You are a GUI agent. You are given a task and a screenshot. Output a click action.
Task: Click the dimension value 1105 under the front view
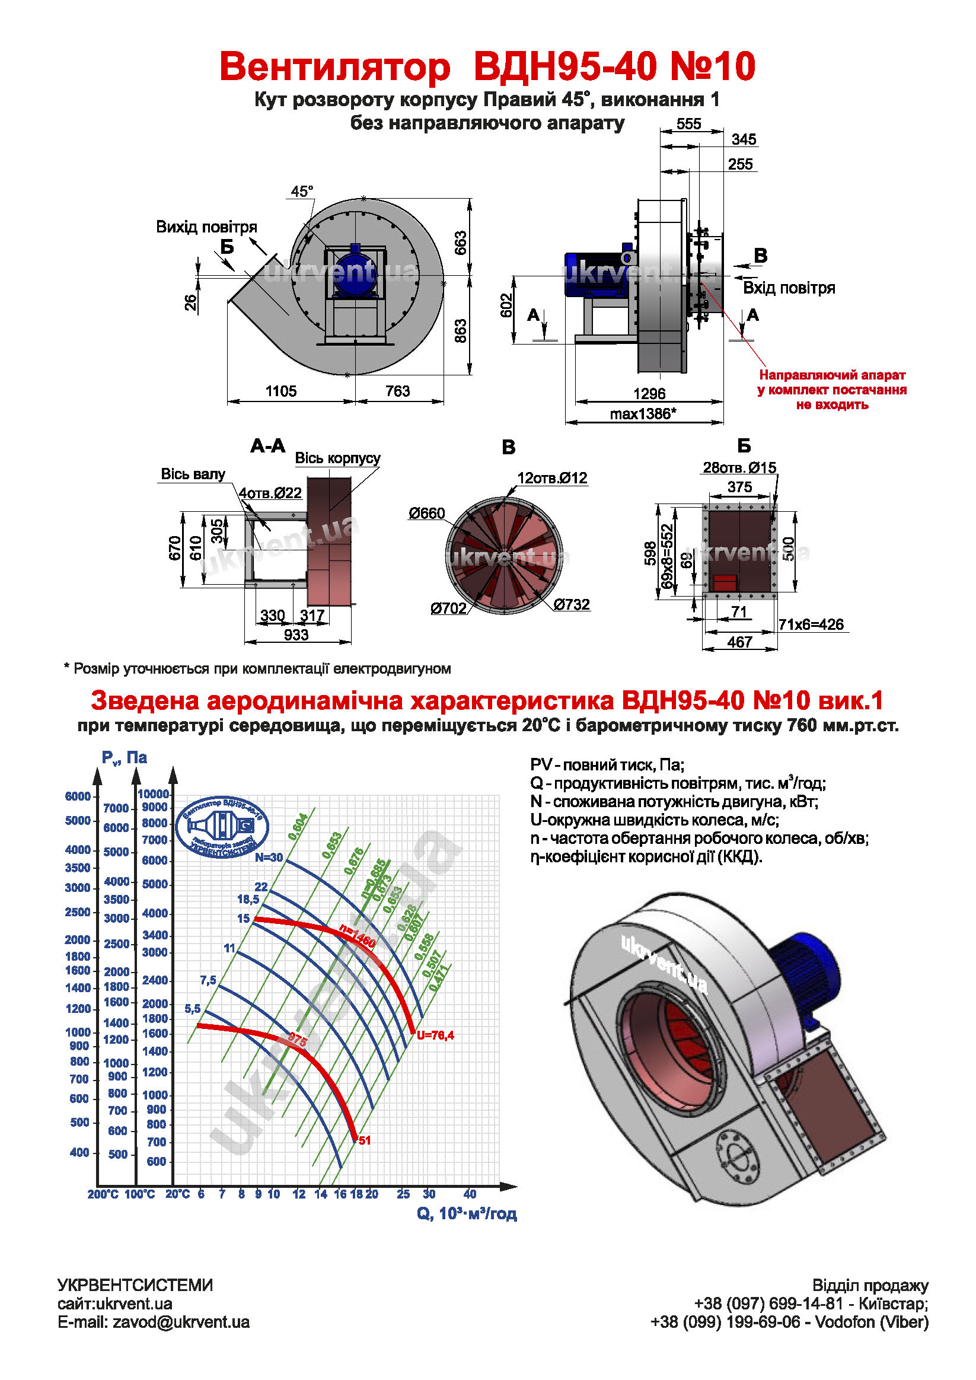(x=280, y=391)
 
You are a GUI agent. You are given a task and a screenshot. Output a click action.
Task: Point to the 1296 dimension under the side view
(x=649, y=394)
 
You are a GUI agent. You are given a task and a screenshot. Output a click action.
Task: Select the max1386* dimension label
(x=642, y=413)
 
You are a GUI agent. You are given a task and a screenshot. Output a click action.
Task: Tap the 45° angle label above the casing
(x=302, y=192)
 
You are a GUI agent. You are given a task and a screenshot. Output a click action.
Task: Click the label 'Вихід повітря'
(x=206, y=227)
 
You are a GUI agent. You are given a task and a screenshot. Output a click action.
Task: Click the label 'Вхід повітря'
(x=789, y=288)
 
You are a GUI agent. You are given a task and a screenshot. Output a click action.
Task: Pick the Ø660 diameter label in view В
(x=427, y=514)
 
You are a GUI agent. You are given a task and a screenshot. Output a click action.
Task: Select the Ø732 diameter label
(x=571, y=605)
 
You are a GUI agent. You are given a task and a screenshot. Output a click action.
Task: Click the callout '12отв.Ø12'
(x=551, y=479)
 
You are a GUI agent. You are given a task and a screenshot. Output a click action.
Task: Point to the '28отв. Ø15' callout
(x=739, y=468)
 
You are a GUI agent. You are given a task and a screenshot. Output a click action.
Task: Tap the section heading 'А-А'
(x=268, y=446)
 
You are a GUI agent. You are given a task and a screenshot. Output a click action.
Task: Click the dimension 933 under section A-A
(x=296, y=635)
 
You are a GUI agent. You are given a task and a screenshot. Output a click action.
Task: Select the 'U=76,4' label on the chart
(x=435, y=1035)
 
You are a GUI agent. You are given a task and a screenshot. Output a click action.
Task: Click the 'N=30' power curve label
(x=269, y=858)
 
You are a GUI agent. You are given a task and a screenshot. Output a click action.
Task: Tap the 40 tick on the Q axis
(x=470, y=1194)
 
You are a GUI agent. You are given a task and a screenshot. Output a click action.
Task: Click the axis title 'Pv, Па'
(x=125, y=758)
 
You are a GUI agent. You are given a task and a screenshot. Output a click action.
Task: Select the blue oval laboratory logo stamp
(x=222, y=827)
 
